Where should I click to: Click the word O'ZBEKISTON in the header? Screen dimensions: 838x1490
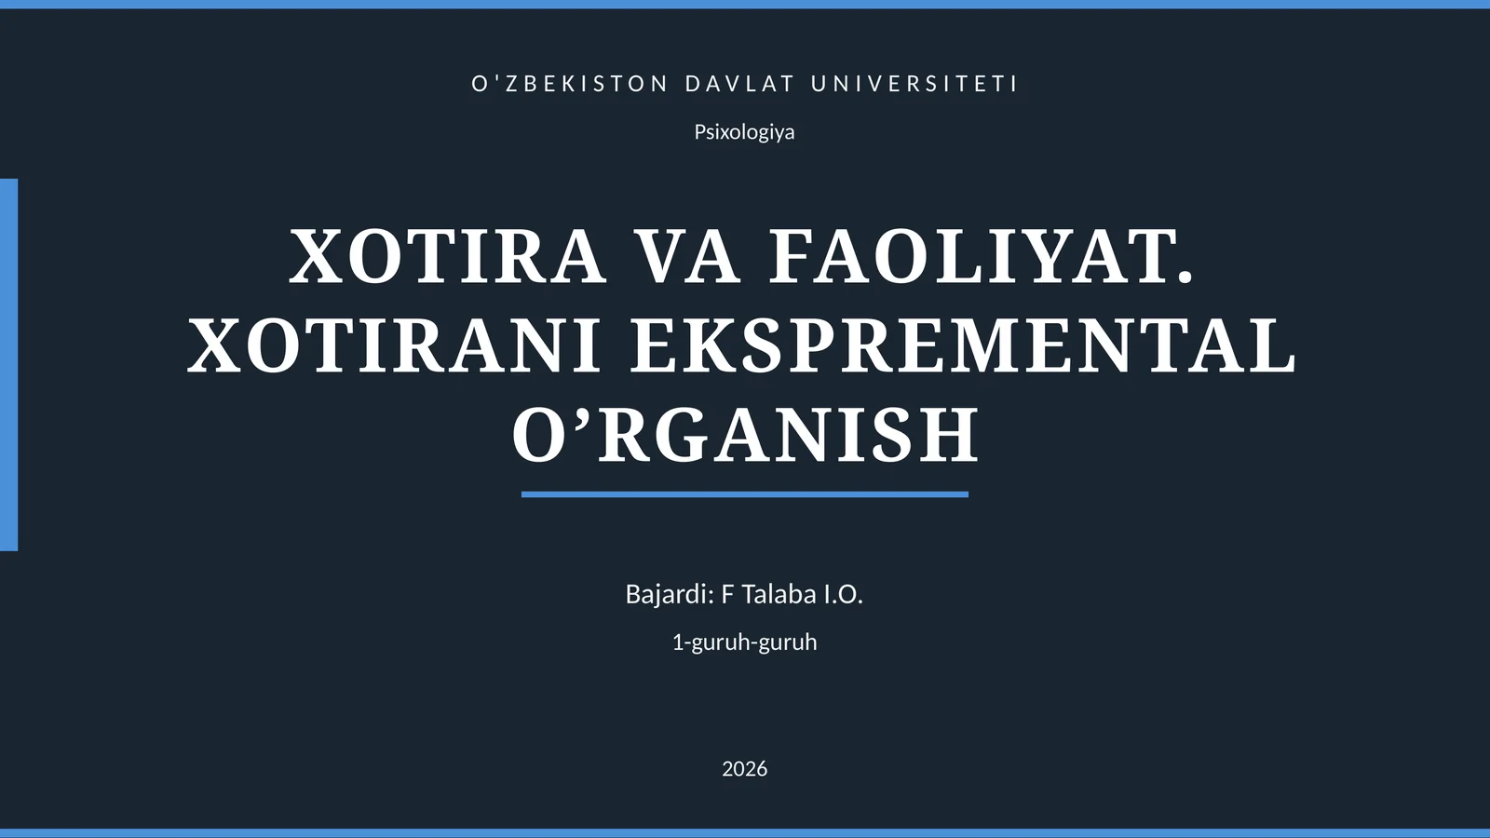(x=570, y=84)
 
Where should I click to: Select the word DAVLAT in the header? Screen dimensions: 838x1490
(x=739, y=84)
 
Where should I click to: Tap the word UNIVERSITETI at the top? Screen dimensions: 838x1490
(x=914, y=84)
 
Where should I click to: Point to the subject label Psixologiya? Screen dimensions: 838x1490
(x=744, y=132)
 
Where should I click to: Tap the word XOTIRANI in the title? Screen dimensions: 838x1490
(x=395, y=345)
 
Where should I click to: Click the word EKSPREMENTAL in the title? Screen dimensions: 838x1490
(x=963, y=345)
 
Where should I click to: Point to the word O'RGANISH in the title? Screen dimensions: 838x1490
(x=745, y=434)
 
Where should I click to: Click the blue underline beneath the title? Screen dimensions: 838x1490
(x=745, y=494)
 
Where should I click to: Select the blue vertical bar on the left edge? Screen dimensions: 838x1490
(x=8, y=364)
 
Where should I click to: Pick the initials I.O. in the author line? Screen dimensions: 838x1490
(x=843, y=594)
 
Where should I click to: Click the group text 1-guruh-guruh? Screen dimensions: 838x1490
(x=744, y=642)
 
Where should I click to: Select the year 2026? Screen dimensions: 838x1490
(x=744, y=769)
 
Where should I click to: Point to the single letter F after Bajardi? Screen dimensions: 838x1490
(x=727, y=594)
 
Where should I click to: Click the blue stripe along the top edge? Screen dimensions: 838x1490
(x=745, y=4)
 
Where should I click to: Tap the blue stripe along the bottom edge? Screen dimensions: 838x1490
(x=745, y=833)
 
